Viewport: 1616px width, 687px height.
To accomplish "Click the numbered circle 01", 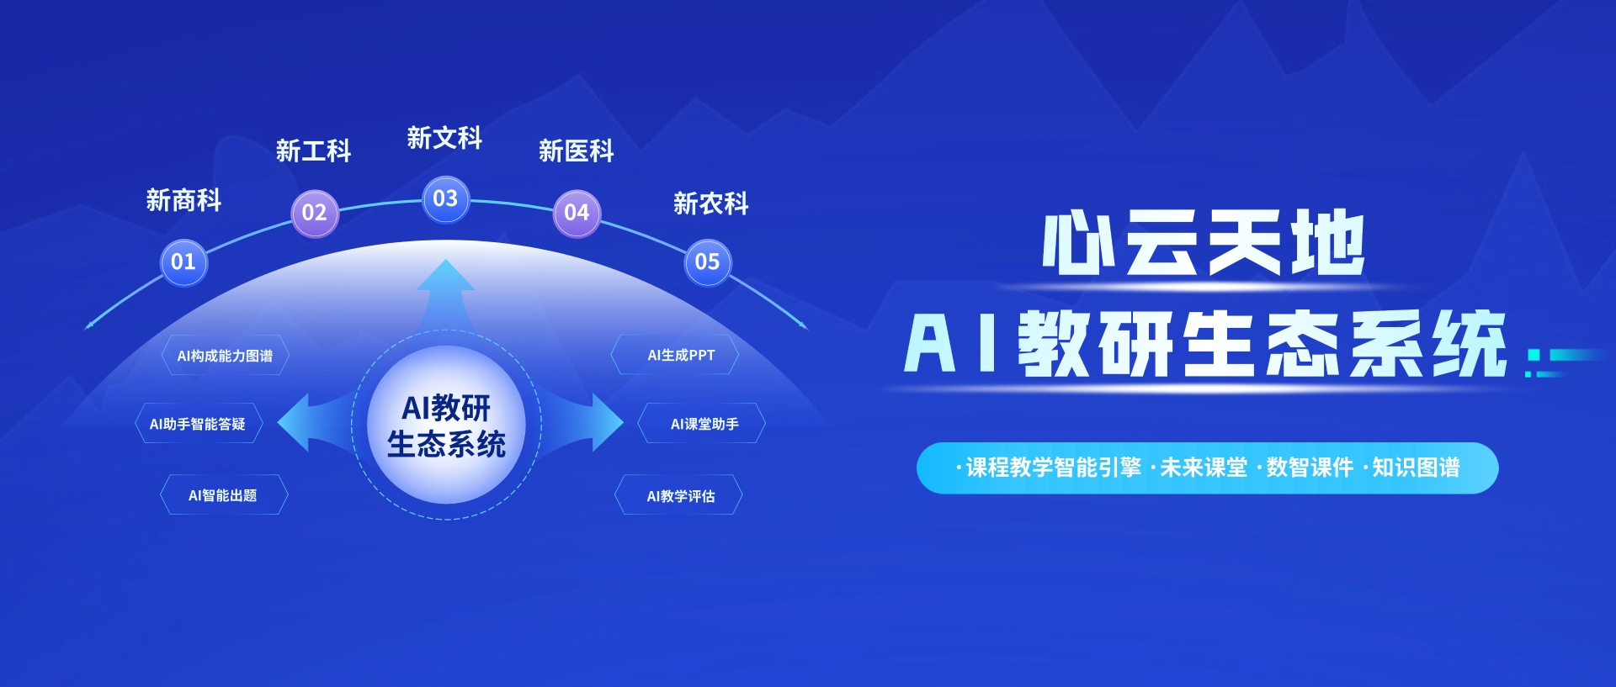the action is pos(183,262).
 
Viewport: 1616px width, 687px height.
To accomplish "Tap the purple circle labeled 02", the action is pos(314,213).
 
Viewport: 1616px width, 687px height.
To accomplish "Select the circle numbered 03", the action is pos(445,199).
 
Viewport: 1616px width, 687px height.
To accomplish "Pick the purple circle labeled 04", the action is pos(577,213).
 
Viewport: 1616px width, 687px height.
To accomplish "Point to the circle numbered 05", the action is pos(708,262).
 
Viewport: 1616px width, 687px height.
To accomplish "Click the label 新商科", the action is pos(183,200).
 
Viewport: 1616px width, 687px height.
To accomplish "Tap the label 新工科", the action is pos(314,151).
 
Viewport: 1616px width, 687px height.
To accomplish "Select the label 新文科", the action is pos(444,138).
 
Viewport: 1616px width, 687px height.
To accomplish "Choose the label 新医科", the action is pos(577,151).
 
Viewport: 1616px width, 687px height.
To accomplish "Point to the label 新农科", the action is pos(711,203).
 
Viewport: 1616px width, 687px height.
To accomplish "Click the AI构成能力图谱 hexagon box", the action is pos(225,356).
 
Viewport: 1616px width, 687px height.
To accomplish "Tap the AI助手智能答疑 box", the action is pos(199,424).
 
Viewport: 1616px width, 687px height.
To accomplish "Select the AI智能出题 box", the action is pos(224,495).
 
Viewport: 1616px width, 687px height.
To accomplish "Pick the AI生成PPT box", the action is pos(675,356).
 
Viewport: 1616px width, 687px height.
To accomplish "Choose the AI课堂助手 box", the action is pos(702,424).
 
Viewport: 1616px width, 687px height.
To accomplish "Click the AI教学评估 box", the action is pos(678,495).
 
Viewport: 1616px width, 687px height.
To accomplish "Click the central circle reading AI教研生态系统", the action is pos(446,425).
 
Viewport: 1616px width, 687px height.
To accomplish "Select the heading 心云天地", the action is pos(1204,244).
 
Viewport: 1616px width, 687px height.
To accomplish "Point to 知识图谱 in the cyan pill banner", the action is pos(1416,468).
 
